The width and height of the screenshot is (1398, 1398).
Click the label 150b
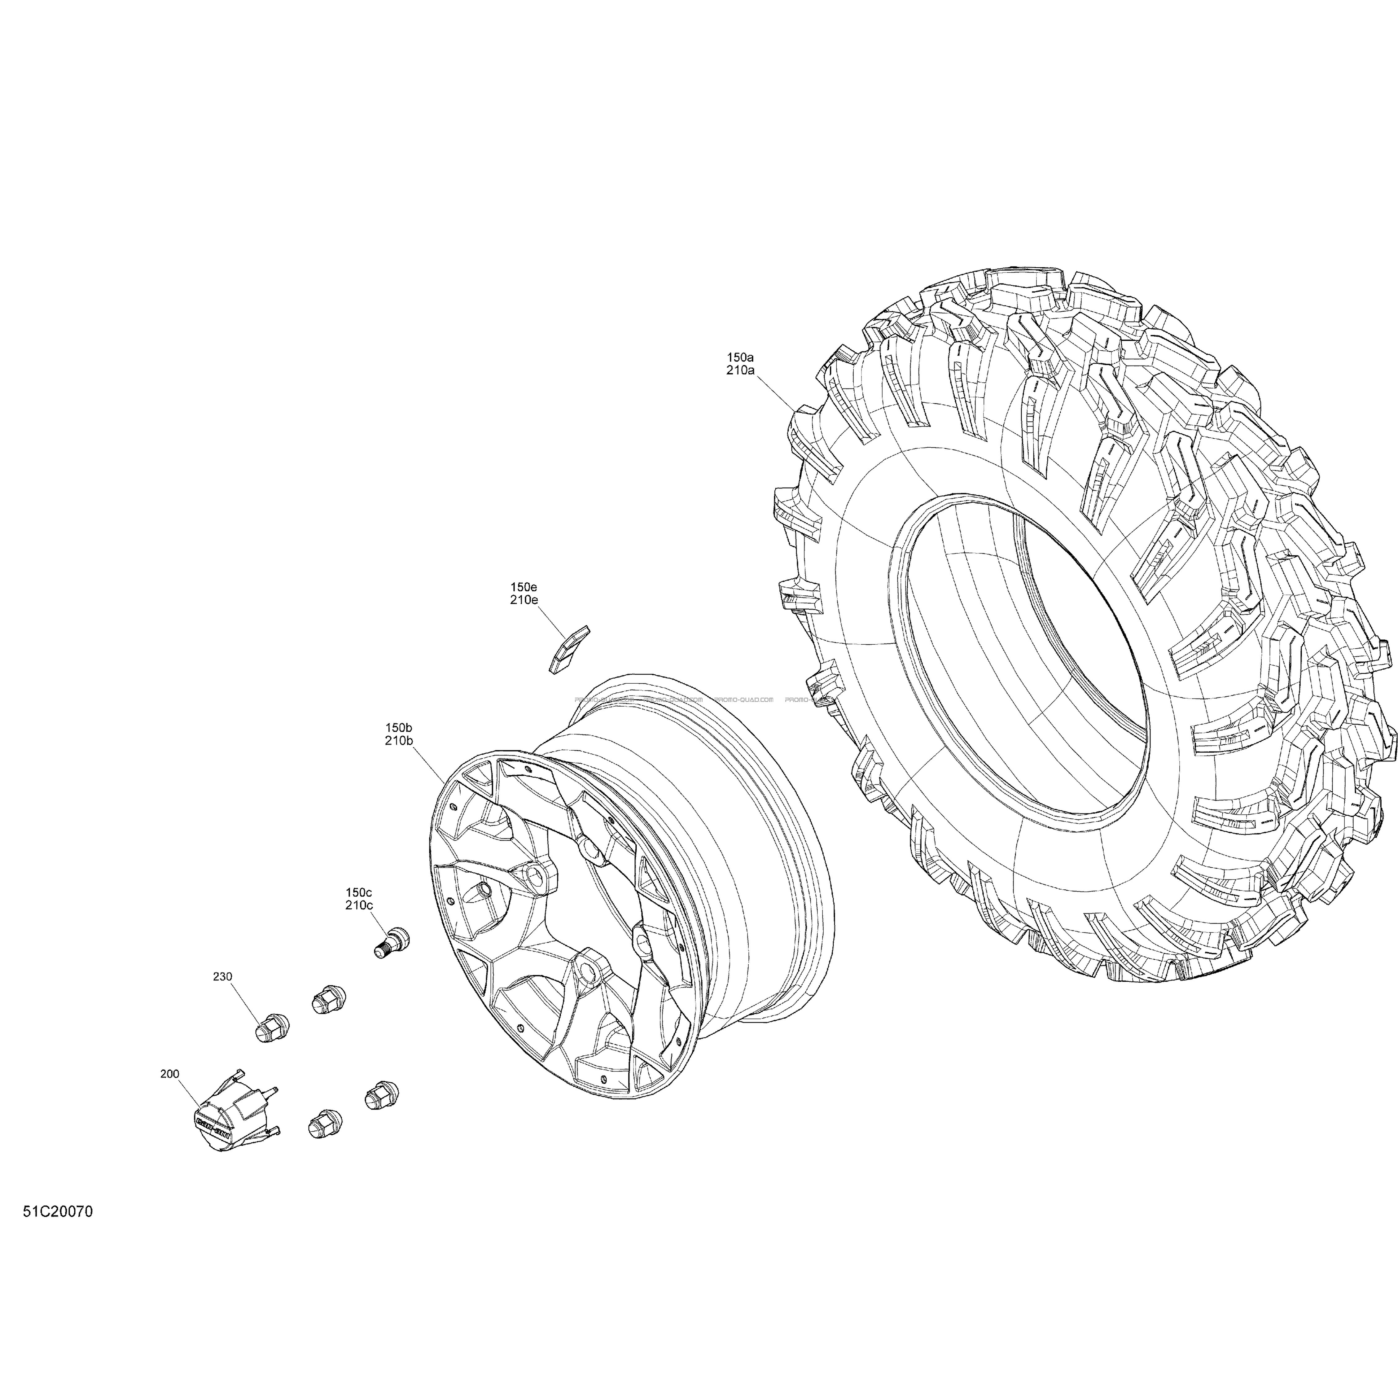399,727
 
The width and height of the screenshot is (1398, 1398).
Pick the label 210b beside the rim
399,740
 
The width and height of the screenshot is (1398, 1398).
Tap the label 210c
359,905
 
